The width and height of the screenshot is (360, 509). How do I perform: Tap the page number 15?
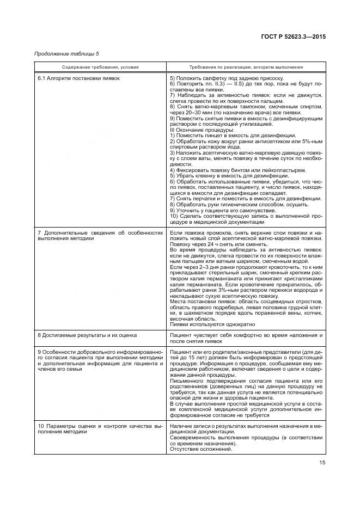322,464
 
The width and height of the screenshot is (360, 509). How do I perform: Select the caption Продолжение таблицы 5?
66,54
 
